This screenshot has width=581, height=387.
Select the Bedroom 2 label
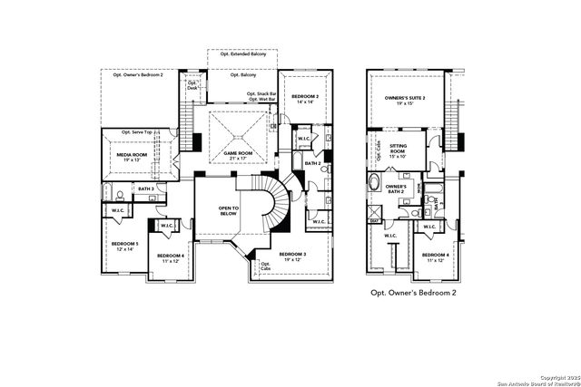click(303, 100)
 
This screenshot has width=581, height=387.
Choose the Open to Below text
click(228, 212)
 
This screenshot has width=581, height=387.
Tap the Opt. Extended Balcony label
click(242, 56)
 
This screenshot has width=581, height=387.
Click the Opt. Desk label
click(192, 85)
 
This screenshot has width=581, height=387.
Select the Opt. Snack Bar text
click(261, 93)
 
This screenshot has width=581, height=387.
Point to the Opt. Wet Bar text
click(259, 100)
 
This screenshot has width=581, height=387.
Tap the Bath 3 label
click(145, 189)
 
